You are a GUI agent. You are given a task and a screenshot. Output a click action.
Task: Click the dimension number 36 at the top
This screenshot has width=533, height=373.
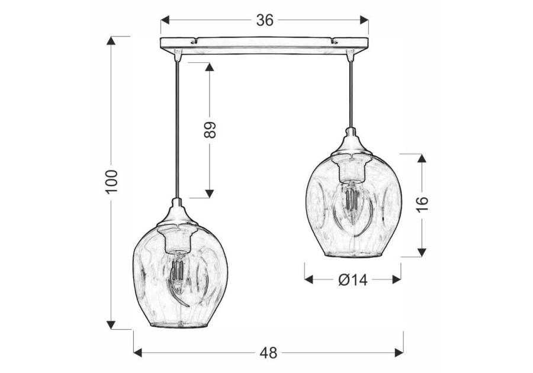click(265, 20)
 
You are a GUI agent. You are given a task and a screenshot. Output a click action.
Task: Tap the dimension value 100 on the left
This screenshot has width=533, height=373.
click(111, 182)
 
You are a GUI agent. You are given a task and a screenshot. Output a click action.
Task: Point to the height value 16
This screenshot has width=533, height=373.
click(421, 202)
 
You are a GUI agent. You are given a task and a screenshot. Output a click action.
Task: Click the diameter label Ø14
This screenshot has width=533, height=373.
click(353, 280)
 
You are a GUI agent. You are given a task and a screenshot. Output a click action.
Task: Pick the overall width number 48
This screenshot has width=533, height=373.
click(268, 353)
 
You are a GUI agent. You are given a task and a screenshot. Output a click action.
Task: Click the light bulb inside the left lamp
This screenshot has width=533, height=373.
click(176, 274)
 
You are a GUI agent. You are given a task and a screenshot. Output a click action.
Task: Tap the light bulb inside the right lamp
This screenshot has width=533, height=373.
click(351, 201)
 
